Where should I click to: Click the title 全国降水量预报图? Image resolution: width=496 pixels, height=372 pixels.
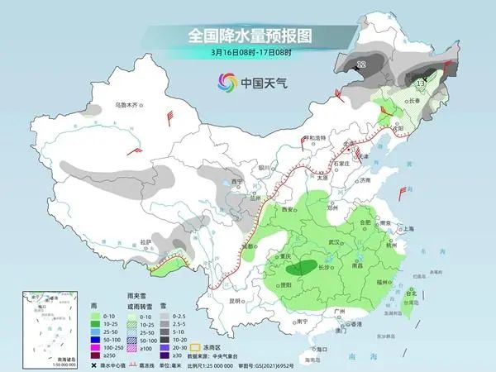pos(248,36)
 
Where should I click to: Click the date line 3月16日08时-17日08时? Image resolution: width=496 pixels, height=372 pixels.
pos(248,54)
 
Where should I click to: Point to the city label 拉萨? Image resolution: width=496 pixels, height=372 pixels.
pos(147,241)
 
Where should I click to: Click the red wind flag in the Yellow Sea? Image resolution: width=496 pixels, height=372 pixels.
pos(404,193)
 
